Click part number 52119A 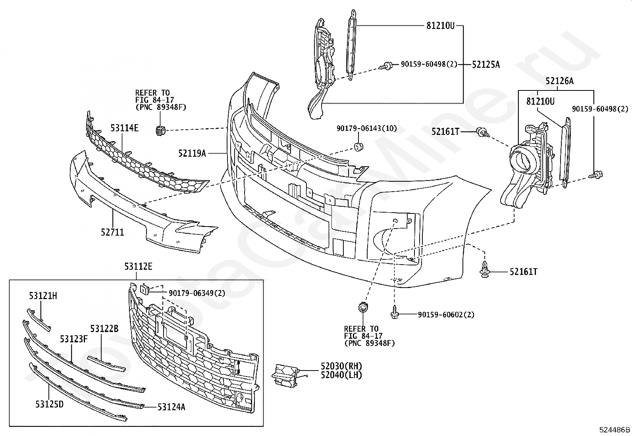coord(192,153)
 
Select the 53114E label coord(124,128)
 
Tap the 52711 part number coord(112,232)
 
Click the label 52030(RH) coord(341,366)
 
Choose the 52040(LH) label coord(341,375)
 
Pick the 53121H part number coord(42,296)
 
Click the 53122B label coord(104,329)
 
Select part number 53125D coord(49,404)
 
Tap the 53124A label coord(171,407)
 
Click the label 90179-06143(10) coord(366,129)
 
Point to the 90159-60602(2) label coord(446,315)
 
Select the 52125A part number coord(486,64)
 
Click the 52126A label coord(559,81)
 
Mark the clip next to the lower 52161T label coord(484,271)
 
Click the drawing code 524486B coord(615,430)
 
